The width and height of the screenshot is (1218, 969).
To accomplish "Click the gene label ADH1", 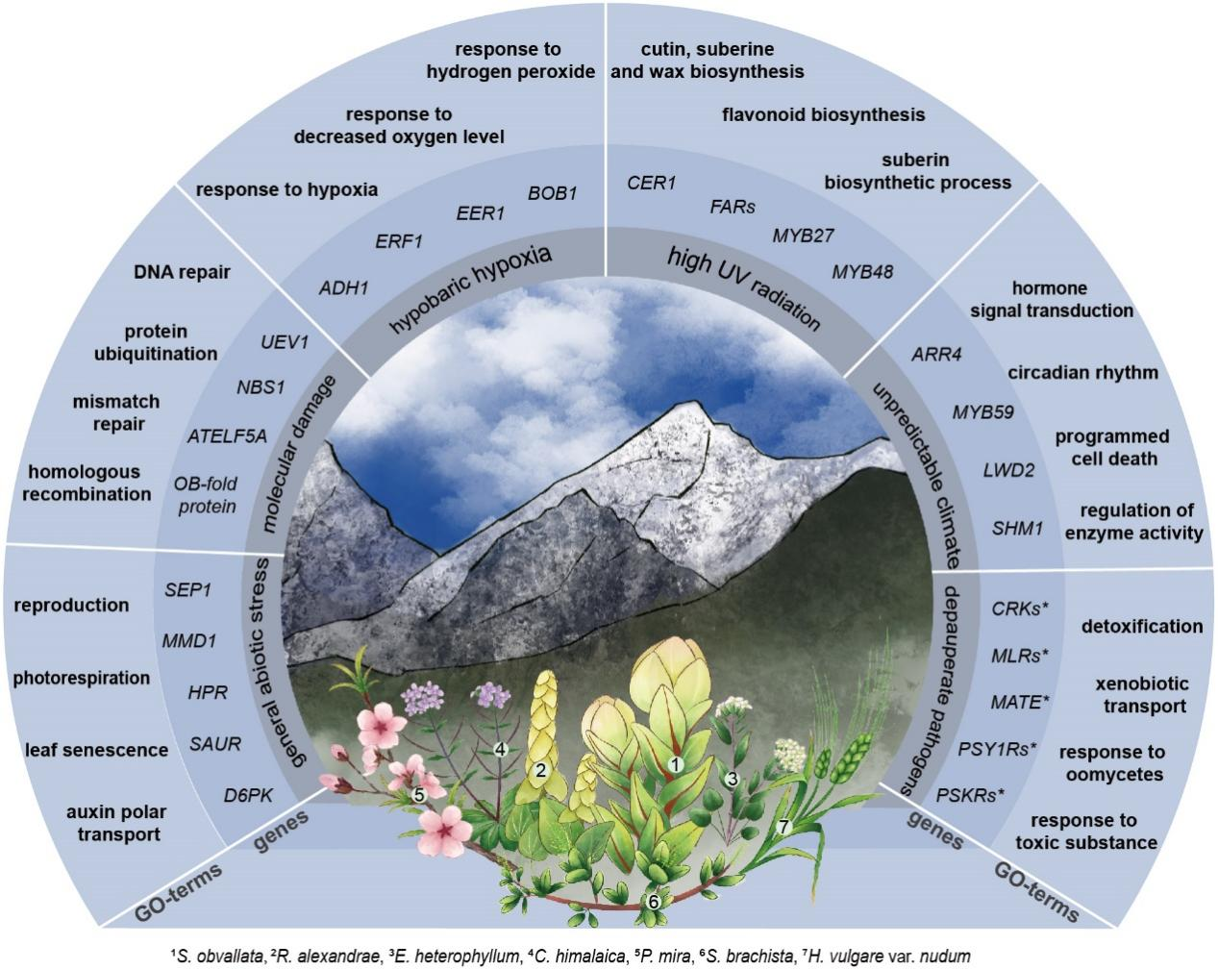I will (343, 287).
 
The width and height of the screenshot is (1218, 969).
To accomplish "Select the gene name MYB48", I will (862, 272).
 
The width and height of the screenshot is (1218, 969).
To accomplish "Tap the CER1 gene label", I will (652, 183).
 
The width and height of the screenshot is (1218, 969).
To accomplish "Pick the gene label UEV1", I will (284, 340).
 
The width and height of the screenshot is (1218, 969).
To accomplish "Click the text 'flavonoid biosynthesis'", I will (823, 115).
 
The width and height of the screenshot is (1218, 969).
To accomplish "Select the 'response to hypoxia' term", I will (286, 189).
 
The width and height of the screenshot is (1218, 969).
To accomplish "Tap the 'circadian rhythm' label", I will (1082, 372).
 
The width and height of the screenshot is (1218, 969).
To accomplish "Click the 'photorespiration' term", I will (82, 678).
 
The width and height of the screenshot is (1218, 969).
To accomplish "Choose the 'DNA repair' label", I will (183, 272).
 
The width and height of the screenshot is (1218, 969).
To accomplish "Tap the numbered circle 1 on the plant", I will (675, 765).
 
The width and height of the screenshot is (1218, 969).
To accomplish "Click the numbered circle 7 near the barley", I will (783, 826).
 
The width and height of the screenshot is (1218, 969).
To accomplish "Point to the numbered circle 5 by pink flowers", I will (418, 795).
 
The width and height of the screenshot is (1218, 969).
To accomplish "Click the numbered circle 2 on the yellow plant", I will (541, 769).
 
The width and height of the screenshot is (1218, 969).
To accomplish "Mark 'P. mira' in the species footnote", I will (586, 956).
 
